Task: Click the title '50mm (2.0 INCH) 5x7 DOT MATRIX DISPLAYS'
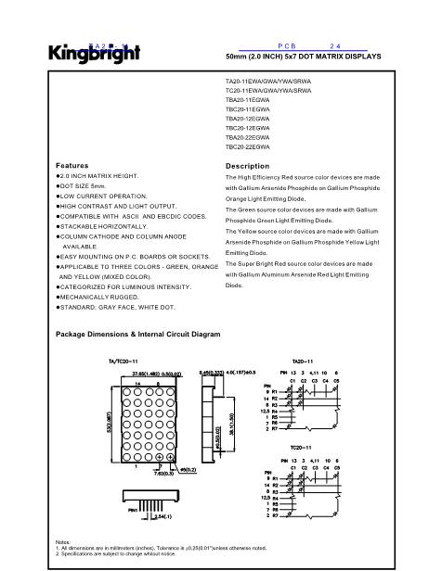click(304, 57)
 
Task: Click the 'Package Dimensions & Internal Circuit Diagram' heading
click(138, 333)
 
